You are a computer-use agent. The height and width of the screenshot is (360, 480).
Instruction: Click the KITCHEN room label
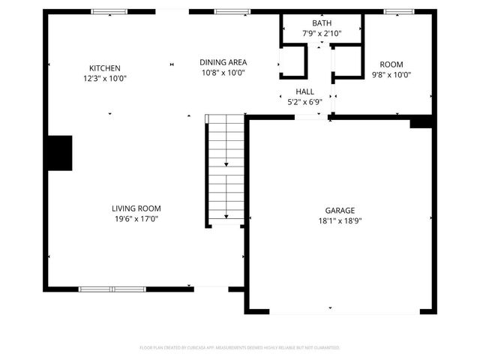[104, 68]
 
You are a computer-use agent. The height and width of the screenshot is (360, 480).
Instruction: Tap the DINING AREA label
[223, 62]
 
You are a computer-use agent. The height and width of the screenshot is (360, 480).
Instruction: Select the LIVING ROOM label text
[136, 208]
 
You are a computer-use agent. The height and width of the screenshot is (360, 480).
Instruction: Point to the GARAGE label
[340, 211]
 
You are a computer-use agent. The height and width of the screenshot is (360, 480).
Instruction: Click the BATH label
[320, 24]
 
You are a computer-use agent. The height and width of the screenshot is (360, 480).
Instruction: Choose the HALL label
[304, 91]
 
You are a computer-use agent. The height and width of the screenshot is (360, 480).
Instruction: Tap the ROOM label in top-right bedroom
[391, 64]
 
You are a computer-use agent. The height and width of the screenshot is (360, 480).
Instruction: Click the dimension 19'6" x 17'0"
[136, 219]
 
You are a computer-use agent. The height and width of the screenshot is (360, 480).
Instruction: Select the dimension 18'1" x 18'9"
[340, 221]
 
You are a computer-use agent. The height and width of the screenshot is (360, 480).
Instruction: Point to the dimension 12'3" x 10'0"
[104, 78]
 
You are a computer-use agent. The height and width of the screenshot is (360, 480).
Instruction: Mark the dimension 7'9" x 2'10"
[320, 34]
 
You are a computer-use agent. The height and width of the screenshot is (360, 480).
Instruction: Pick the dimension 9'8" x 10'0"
[391, 74]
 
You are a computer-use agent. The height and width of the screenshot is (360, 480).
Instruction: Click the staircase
[226, 169]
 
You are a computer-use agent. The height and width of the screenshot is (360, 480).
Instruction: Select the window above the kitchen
[109, 12]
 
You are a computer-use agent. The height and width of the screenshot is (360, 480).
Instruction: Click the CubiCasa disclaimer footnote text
[240, 348]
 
